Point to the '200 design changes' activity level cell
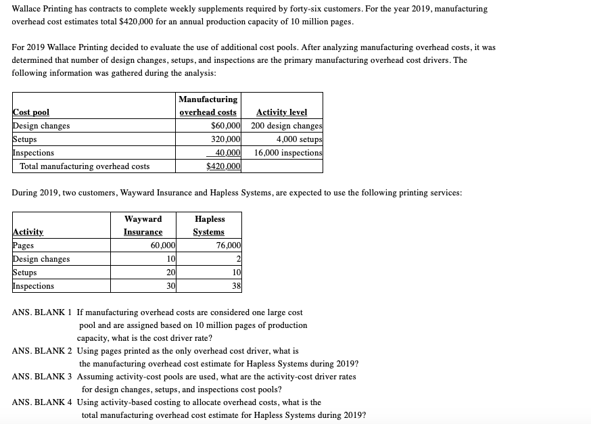click(x=286, y=126)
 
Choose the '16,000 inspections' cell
click(x=288, y=153)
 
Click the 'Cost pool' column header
click(x=31, y=112)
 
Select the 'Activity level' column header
click(x=281, y=112)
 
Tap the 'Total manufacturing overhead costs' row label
click(x=85, y=166)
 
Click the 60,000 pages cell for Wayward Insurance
click(x=163, y=245)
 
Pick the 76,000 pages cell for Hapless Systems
click(x=227, y=245)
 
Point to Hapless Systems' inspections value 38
click(x=236, y=286)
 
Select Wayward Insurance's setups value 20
click(x=170, y=273)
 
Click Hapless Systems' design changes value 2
click(x=238, y=259)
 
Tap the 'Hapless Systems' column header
click(x=209, y=225)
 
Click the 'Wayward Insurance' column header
click(x=143, y=225)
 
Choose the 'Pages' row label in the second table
click(x=24, y=245)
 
